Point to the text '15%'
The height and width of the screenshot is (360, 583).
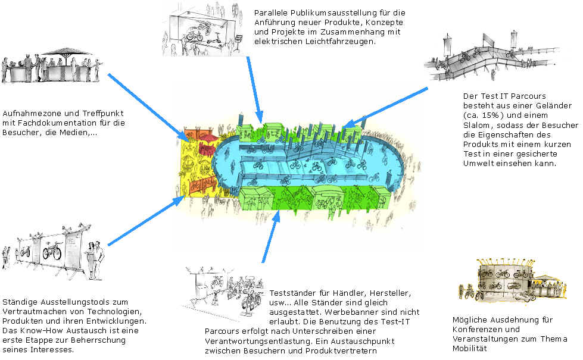490,115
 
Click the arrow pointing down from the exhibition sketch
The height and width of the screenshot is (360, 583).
255,89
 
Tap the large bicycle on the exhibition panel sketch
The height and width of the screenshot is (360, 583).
52,251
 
